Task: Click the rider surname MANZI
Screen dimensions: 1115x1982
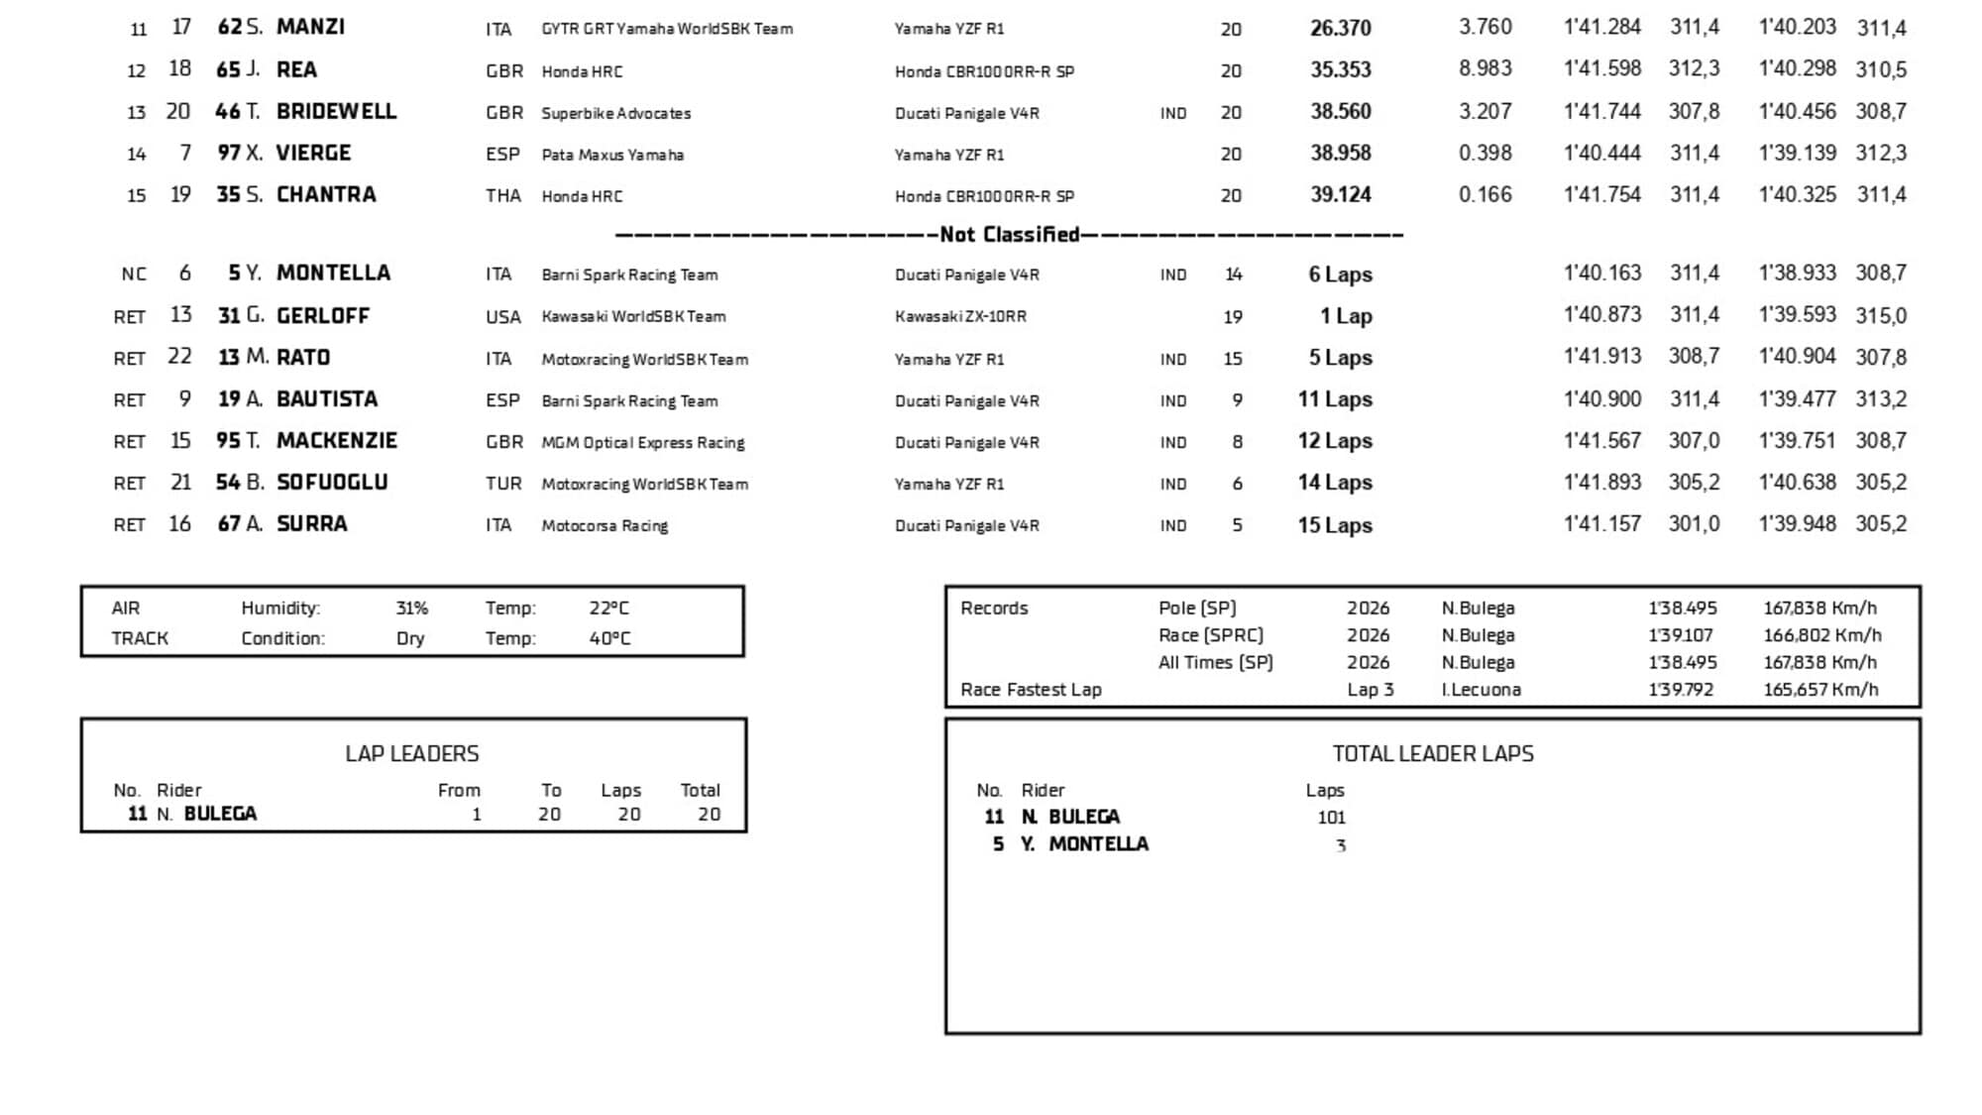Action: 310,27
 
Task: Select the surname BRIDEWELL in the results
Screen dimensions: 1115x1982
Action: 336,111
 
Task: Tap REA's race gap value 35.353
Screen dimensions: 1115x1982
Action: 1340,69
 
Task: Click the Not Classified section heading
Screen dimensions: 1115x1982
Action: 1009,235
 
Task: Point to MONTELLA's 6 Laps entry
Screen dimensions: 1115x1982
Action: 1340,275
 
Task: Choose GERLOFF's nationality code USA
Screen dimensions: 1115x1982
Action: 502,317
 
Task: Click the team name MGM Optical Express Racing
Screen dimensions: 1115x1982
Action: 642,442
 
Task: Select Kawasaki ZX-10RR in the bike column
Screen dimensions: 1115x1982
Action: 960,316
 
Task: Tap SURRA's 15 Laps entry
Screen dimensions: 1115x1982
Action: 1335,524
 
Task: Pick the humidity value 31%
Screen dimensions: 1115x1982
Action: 411,609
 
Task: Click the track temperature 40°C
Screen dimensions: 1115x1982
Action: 609,638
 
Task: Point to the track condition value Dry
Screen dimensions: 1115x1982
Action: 410,638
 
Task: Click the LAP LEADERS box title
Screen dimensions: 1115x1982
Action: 411,754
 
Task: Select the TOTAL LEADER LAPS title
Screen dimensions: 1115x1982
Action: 1432,754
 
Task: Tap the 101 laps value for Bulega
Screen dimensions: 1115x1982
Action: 1331,818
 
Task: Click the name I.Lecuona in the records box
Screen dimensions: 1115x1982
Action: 1481,690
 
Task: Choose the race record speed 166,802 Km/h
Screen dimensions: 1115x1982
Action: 1821,635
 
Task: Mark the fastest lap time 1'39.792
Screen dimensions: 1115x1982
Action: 1681,690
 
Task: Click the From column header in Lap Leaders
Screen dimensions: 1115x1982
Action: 459,790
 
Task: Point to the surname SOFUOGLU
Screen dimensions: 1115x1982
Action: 332,483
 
